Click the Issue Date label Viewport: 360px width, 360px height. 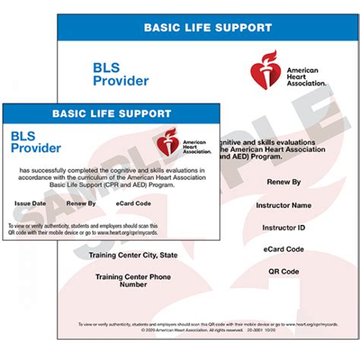pyautogui.click(x=30, y=204)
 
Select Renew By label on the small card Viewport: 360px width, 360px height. pyautogui.click(x=81, y=204)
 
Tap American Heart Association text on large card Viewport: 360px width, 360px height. pyautogui.click(x=306, y=76)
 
